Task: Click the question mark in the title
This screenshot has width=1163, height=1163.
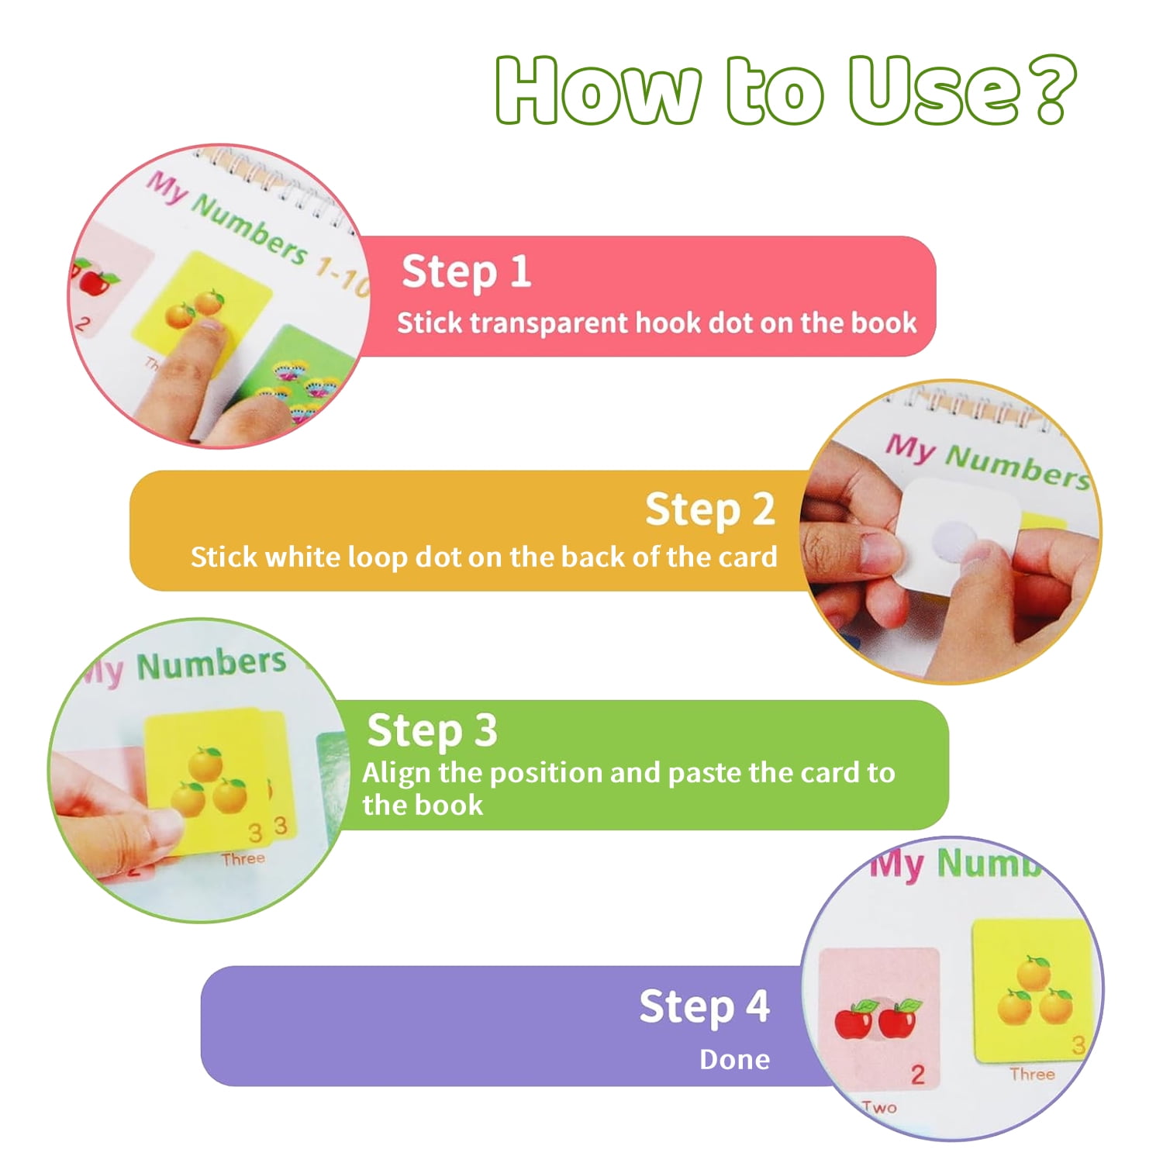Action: [1046, 89]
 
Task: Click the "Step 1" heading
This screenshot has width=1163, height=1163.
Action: [466, 272]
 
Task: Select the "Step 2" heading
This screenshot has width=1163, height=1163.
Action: [710, 509]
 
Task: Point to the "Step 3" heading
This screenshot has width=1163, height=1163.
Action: [432, 730]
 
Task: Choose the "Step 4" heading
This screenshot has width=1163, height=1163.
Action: [704, 1006]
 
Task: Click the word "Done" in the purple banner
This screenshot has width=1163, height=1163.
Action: [734, 1059]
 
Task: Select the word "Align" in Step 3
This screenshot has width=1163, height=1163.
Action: [396, 774]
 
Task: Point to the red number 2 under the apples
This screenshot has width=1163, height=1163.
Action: [918, 1075]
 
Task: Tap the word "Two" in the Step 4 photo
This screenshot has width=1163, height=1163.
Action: [878, 1107]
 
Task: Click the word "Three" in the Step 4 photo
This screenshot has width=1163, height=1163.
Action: [1032, 1074]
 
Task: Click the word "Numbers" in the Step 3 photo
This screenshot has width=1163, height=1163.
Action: [212, 664]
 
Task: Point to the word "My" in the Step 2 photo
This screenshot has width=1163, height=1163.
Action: [910, 448]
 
